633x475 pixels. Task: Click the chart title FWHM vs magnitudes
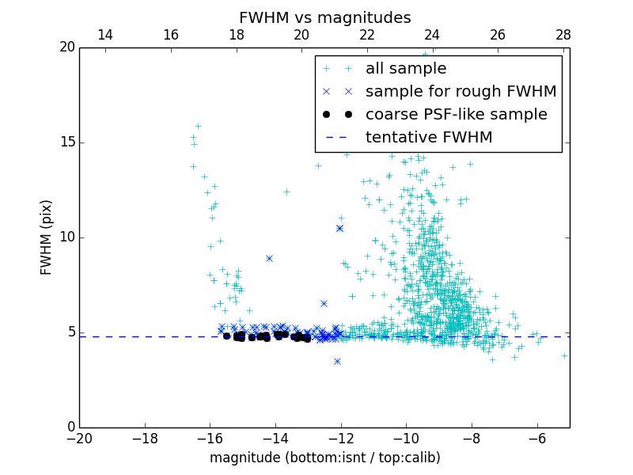point(324,17)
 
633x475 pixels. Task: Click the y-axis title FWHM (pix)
point(47,237)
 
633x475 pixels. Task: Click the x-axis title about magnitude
point(324,458)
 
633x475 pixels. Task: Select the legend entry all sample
point(406,69)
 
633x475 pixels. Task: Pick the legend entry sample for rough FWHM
point(461,91)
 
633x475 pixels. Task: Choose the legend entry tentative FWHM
point(429,137)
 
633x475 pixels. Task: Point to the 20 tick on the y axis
point(66,47)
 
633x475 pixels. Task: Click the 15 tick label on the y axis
point(66,142)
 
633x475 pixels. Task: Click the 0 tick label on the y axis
point(70,427)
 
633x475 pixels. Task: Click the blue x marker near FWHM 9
point(269,258)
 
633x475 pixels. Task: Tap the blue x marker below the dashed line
point(337,361)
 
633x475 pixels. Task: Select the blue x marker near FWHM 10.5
point(339,228)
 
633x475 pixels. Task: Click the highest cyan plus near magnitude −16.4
point(198,126)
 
